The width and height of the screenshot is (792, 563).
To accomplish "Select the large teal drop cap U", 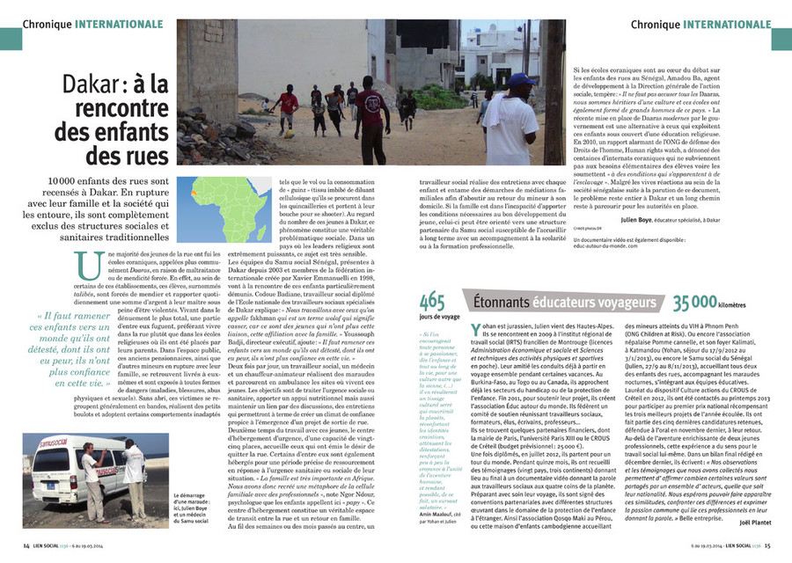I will [x=87, y=265].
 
